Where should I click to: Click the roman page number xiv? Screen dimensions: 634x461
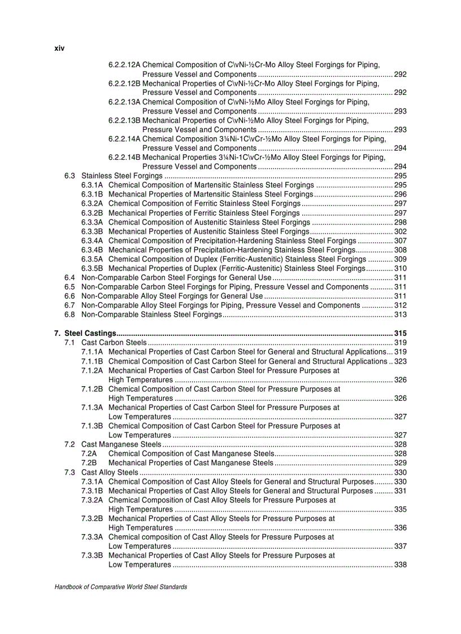tap(59, 49)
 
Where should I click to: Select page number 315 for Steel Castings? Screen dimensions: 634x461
tap(400, 333)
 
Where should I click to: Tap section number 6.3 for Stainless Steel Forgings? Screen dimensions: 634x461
tap(69, 176)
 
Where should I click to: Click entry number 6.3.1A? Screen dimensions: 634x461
tap(92, 185)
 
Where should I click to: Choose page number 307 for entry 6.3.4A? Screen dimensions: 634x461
tap(400, 241)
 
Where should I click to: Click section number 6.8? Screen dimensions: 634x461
tap(69, 314)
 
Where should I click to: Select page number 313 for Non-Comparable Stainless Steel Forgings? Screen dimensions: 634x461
tap(400, 314)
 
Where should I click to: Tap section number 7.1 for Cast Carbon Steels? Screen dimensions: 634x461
tap(69, 342)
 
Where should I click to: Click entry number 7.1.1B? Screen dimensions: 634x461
tap(92, 361)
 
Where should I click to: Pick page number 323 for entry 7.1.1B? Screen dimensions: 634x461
tap(401, 361)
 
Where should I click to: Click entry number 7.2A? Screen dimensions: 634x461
tap(89, 453)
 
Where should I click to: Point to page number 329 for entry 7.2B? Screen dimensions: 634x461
tap(400, 462)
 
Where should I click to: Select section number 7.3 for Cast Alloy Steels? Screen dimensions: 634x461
tap(69, 472)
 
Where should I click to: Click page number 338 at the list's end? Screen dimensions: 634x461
tap(400, 565)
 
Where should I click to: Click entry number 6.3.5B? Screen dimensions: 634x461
tap(92, 268)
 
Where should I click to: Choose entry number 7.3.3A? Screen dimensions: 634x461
tap(92, 537)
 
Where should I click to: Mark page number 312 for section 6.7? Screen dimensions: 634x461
tap(400, 305)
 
